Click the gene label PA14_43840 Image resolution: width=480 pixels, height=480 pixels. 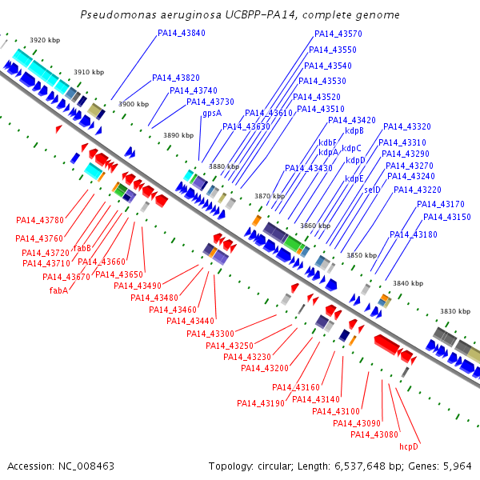[182, 33]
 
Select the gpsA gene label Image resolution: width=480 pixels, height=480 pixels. [212, 114]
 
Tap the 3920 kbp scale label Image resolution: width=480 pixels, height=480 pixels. [45, 40]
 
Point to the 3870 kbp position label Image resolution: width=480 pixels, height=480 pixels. [270, 196]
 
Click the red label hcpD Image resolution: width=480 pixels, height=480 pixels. [409, 446]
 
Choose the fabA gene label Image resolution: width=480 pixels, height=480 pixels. [58, 290]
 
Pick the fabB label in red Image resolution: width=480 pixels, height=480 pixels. [82, 248]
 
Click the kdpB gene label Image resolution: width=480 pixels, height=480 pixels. [354, 130]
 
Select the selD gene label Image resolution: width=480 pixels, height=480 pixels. [372, 190]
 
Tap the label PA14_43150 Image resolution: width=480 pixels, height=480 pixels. [447, 217]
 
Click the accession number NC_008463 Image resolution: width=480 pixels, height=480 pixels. [86, 466]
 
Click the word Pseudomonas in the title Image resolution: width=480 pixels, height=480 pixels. [118, 14]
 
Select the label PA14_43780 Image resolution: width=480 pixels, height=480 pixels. [40, 220]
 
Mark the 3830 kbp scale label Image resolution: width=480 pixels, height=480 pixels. [455, 311]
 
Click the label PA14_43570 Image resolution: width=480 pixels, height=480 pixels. [338, 34]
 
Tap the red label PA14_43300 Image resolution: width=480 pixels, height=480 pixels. [210, 334]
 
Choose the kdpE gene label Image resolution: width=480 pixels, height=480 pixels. [354, 178]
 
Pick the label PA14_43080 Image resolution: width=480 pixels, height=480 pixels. [374, 434]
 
